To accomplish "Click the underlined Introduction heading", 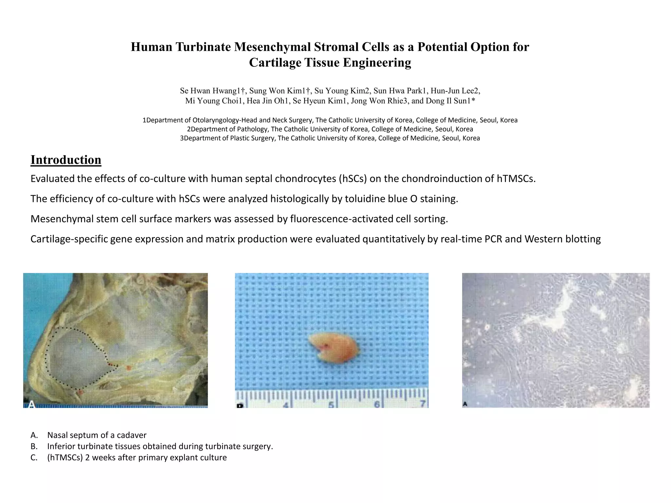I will pos(66,160).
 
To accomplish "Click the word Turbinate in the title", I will pos(203,47).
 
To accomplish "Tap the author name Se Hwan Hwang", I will pos(210,91).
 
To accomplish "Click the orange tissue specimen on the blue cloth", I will pos(333,348).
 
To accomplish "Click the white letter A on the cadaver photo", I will pos(32,404).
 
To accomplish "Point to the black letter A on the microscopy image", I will pos(465,404).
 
